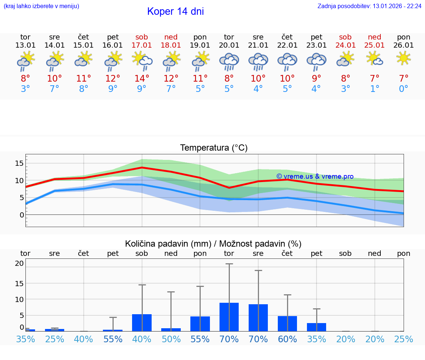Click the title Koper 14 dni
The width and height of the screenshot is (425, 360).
[175, 11]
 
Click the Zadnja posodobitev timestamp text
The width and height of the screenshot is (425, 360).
[370, 6]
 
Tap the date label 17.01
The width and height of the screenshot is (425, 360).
[142, 45]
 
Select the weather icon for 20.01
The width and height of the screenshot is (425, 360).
[229, 62]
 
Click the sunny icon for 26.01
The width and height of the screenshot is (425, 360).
[404, 58]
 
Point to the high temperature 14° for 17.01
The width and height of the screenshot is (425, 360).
[142, 78]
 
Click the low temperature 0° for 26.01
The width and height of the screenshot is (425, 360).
[404, 89]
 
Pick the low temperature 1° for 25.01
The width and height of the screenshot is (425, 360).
[375, 89]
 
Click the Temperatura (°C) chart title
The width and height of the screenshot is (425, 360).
[214, 148]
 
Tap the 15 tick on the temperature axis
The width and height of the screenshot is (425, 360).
[20, 163]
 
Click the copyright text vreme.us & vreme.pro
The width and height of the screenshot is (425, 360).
[315, 176]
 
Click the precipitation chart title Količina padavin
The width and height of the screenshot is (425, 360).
[213, 244]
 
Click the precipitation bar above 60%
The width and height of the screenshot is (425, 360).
[287, 323]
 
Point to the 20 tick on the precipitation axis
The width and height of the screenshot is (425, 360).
[20, 263]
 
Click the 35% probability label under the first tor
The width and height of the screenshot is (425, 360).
[25, 339]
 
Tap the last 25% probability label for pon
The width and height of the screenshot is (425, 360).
[404, 339]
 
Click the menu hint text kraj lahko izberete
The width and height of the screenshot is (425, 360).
[41, 6]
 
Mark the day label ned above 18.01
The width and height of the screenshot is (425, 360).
[171, 37]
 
